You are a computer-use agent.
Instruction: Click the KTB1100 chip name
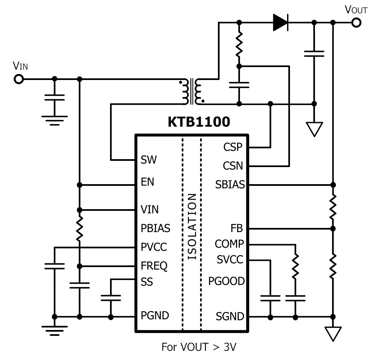point(199,122)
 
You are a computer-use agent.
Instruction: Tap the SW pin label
point(148,160)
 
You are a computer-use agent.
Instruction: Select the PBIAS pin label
point(155,228)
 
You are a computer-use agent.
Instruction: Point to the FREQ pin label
point(154,266)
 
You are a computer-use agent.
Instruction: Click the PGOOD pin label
point(227,281)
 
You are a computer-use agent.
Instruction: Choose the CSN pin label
point(233,166)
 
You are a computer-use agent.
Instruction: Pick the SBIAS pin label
point(230,185)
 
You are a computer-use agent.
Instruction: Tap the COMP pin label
point(229,244)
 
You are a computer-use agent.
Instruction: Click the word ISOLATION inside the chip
point(192,226)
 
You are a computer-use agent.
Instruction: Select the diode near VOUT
point(280,22)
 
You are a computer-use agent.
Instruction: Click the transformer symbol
point(192,91)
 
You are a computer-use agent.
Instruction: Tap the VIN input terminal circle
point(19,79)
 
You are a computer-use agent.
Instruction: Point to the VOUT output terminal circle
point(356,23)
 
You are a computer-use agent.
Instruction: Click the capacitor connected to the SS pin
point(111,298)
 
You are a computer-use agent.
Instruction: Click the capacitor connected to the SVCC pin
point(270,298)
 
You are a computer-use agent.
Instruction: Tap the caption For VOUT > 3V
point(199,347)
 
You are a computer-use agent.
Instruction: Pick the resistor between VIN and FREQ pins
point(80,229)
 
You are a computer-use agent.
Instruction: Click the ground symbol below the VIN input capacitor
point(55,120)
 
